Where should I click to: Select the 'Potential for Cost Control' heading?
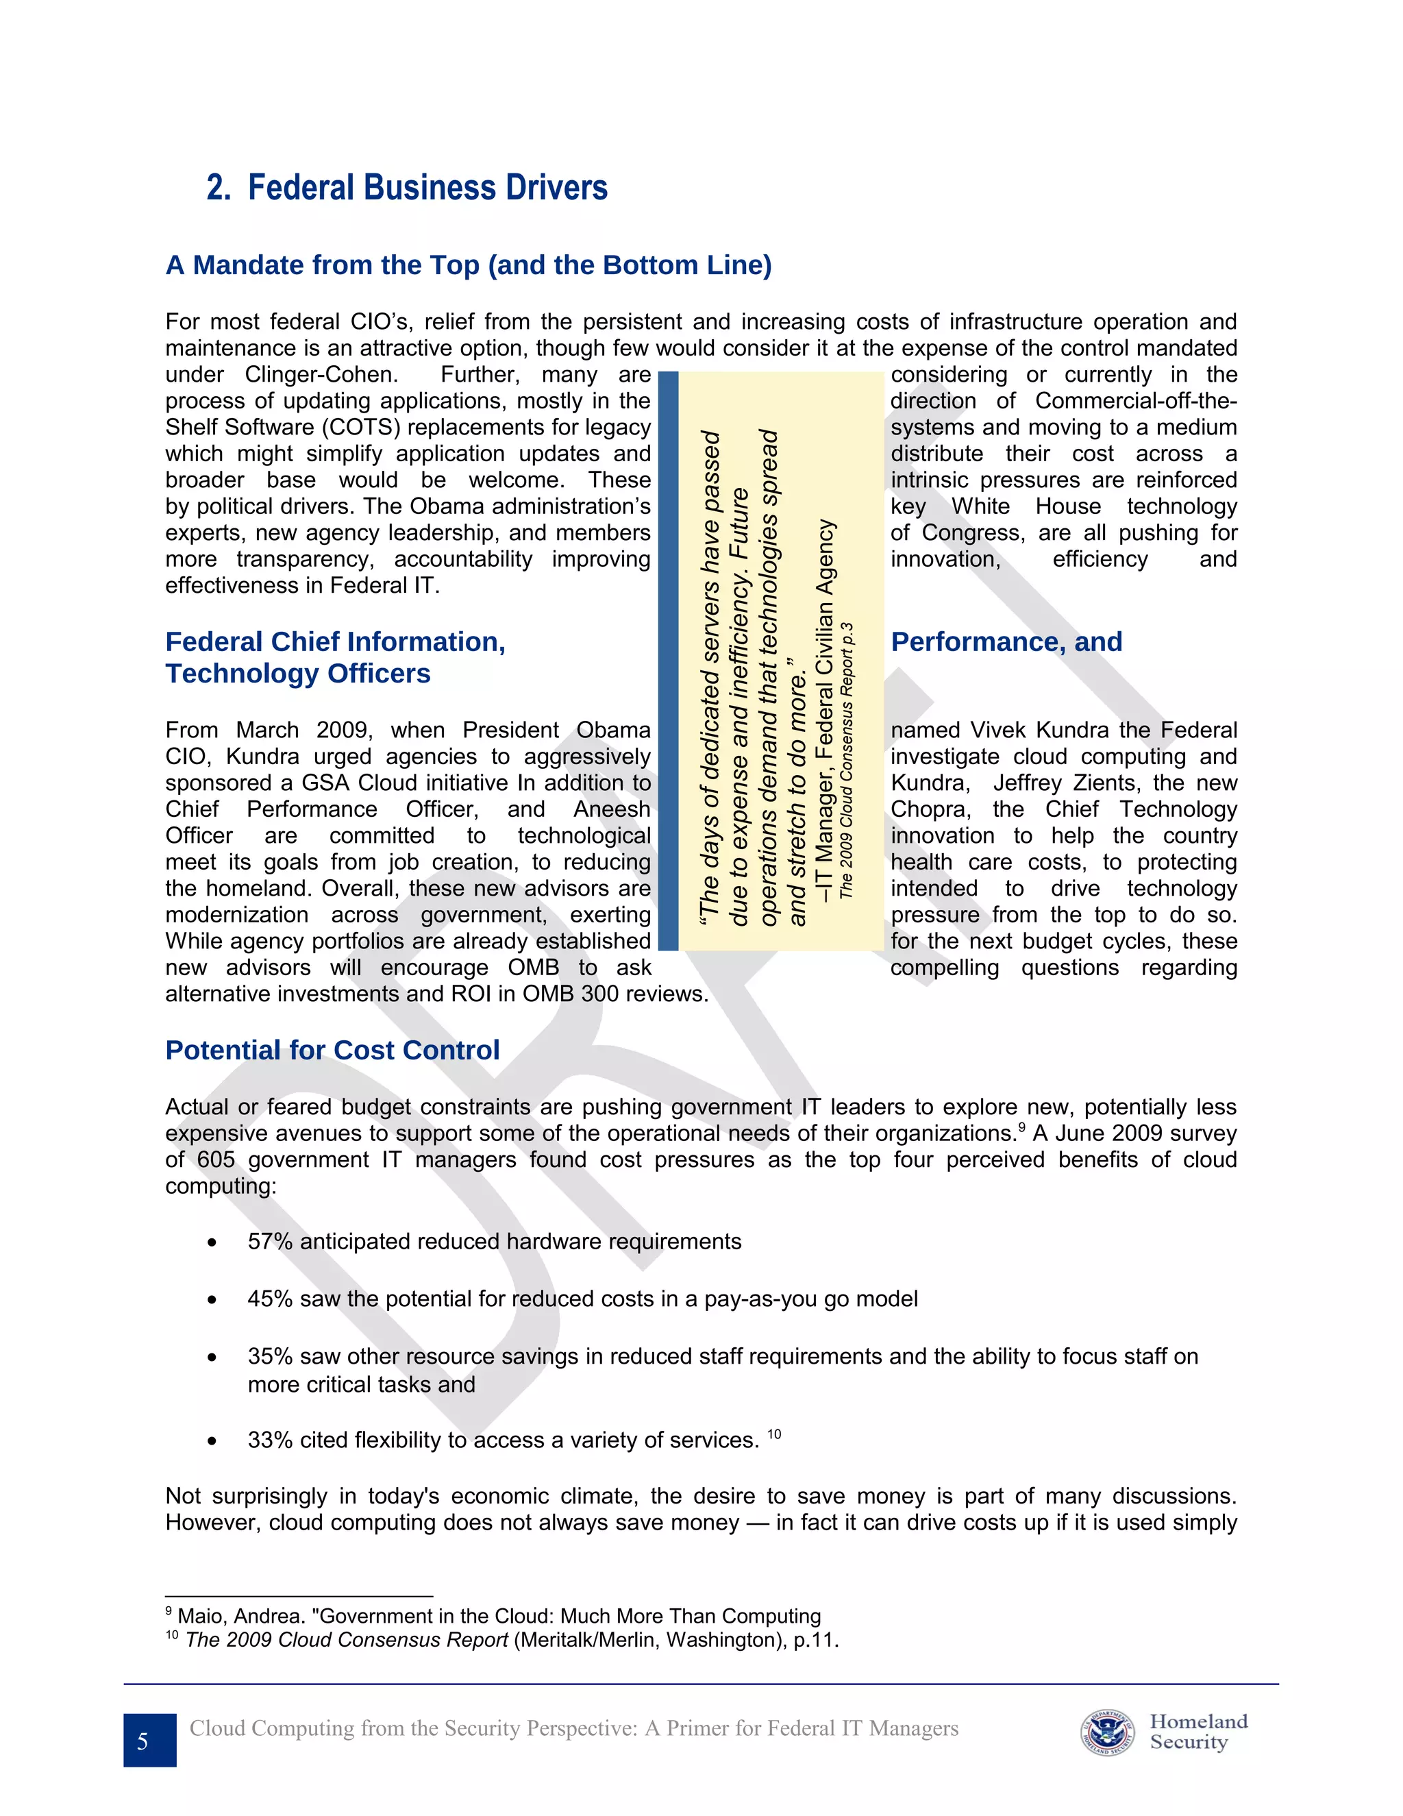pos(332,1050)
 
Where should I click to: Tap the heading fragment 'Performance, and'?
pos(1006,642)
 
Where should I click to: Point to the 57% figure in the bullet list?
pos(269,1242)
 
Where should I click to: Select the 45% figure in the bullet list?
pos(269,1299)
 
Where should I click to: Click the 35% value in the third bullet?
pos(269,1356)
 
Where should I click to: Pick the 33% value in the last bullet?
pos(269,1440)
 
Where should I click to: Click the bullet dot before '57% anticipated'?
pos(213,1243)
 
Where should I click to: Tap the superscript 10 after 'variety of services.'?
pos(774,1434)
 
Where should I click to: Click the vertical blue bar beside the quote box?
pos(668,661)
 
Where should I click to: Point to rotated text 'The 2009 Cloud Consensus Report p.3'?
pos(846,760)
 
